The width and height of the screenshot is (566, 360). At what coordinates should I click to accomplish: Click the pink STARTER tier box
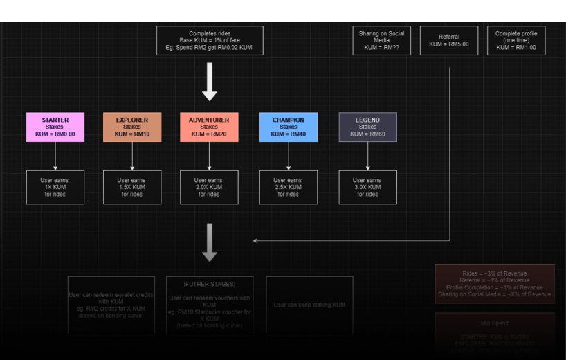pyautogui.click(x=55, y=127)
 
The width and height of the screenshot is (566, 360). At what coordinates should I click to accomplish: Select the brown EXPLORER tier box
pyautogui.click(x=132, y=127)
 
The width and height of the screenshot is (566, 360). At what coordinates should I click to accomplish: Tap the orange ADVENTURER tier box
pyautogui.click(x=209, y=127)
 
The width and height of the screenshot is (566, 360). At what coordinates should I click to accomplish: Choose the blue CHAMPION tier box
pyautogui.click(x=289, y=127)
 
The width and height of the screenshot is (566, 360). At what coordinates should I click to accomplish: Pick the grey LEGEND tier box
pyautogui.click(x=367, y=127)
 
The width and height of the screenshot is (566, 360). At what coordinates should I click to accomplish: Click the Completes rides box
pyautogui.click(x=210, y=41)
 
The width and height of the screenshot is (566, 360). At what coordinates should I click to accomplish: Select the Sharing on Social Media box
pyautogui.click(x=382, y=41)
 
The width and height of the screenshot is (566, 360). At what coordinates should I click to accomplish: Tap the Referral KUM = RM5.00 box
pyautogui.click(x=449, y=41)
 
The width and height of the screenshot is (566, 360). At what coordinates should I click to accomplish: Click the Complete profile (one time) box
pyautogui.click(x=516, y=41)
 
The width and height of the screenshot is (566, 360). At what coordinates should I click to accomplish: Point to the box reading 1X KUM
pyautogui.click(x=55, y=187)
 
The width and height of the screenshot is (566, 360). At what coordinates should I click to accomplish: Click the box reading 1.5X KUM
pyautogui.click(x=132, y=187)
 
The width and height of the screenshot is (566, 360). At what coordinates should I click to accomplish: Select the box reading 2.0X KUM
pyautogui.click(x=209, y=187)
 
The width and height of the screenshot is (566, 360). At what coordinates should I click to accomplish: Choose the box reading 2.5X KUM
pyautogui.click(x=289, y=187)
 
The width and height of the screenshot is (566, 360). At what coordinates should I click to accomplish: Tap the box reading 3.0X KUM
pyautogui.click(x=367, y=187)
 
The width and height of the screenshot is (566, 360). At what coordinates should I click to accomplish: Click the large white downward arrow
pyautogui.click(x=210, y=82)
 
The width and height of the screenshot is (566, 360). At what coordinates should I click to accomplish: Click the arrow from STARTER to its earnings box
pyautogui.click(x=55, y=156)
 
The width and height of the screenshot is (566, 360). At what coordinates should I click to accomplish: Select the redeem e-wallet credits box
pyautogui.click(x=111, y=305)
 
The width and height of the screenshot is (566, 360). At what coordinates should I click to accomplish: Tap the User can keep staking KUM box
pyautogui.click(x=309, y=305)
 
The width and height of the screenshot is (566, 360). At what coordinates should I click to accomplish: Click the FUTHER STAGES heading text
pyautogui.click(x=210, y=285)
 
